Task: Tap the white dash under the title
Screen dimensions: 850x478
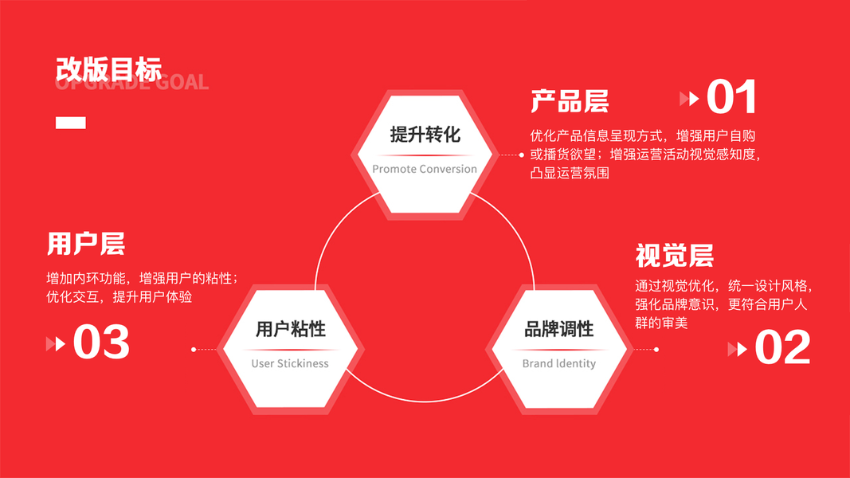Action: tap(70, 123)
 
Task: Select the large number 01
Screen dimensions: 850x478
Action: tap(731, 97)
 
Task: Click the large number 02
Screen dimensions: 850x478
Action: tap(782, 348)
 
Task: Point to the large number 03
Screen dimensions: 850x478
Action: tap(101, 343)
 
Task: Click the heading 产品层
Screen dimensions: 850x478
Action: tap(570, 102)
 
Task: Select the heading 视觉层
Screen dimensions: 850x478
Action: tap(674, 257)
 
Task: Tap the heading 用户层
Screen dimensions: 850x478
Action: tap(86, 244)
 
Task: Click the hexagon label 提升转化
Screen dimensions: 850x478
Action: tap(425, 134)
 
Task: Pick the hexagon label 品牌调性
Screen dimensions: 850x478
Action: tap(558, 329)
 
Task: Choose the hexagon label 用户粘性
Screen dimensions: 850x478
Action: tap(290, 329)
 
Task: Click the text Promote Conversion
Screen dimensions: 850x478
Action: tap(425, 169)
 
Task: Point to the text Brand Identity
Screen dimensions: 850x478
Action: tap(558, 363)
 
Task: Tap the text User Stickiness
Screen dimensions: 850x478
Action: tap(290, 363)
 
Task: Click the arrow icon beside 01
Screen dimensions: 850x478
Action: tap(689, 99)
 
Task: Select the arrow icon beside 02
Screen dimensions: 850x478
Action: tap(738, 349)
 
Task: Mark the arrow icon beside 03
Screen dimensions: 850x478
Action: tap(56, 344)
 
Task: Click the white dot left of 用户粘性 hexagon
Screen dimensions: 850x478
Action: tap(194, 349)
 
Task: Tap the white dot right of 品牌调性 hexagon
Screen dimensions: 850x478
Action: tap(656, 349)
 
